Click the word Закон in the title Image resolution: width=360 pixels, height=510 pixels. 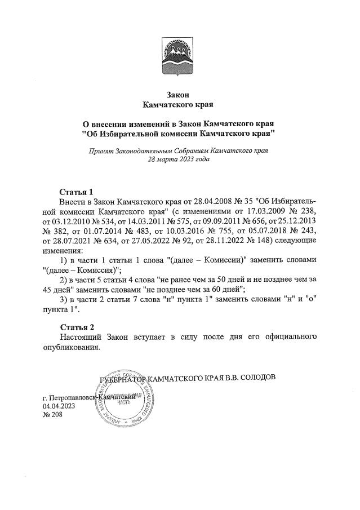tap(180, 94)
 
